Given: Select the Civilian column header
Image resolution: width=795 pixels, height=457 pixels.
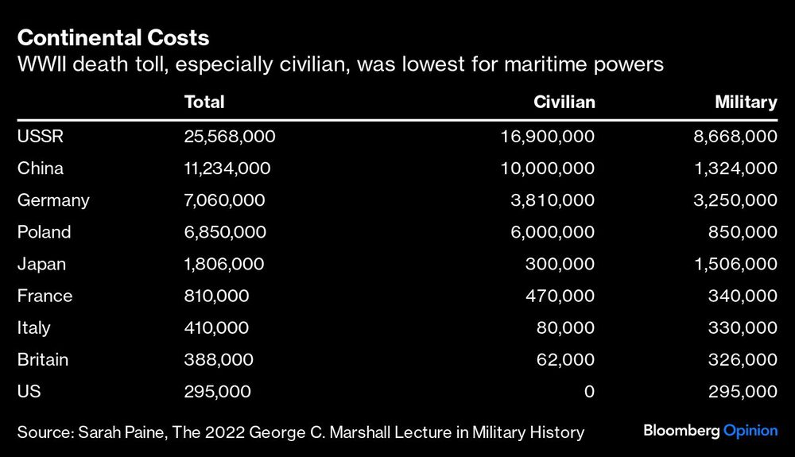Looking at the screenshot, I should [x=564, y=102].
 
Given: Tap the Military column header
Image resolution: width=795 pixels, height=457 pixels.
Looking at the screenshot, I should [x=745, y=102].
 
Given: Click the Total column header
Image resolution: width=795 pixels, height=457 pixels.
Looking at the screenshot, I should [x=204, y=102].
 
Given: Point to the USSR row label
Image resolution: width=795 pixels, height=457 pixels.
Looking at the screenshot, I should [x=40, y=137].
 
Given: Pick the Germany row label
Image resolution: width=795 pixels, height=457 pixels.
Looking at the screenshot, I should [x=53, y=200].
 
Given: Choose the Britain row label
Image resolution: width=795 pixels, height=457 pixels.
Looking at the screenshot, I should [x=43, y=359].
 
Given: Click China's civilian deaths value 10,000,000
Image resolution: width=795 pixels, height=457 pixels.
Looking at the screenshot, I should [x=547, y=168].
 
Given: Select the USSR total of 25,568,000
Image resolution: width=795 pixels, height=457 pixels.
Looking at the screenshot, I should [x=230, y=137].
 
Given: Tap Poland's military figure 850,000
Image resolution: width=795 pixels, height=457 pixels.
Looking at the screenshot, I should [x=745, y=232].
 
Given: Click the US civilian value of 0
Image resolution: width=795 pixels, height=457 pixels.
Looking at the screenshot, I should [x=589, y=391].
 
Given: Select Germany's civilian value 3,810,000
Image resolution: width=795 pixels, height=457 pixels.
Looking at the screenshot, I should [x=552, y=200].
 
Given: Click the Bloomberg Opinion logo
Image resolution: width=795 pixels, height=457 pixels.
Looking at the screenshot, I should [x=710, y=431].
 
